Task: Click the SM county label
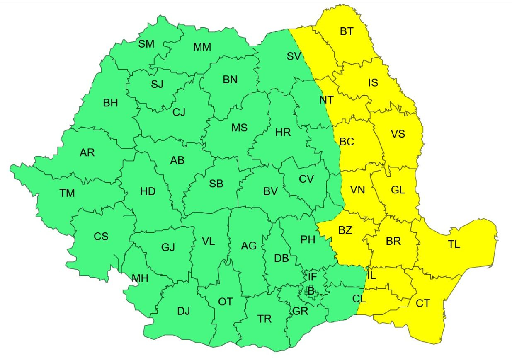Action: click(146, 44)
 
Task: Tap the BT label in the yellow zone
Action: click(346, 31)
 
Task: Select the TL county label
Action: click(454, 244)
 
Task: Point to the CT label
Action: click(422, 304)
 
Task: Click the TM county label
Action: click(67, 193)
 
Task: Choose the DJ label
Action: click(183, 311)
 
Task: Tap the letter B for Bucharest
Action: click(311, 291)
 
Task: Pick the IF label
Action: click(312, 276)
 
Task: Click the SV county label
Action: click(294, 56)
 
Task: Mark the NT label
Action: click(326, 100)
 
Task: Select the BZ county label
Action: click(345, 231)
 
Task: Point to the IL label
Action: click(371, 275)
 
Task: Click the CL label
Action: click(359, 298)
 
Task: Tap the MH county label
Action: click(140, 279)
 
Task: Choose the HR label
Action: click(283, 133)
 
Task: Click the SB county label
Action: click(216, 184)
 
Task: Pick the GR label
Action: click(300, 311)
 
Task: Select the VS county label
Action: click(398, 134)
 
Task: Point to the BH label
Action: click(110, 103)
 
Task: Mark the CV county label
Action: click(306, 179)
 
